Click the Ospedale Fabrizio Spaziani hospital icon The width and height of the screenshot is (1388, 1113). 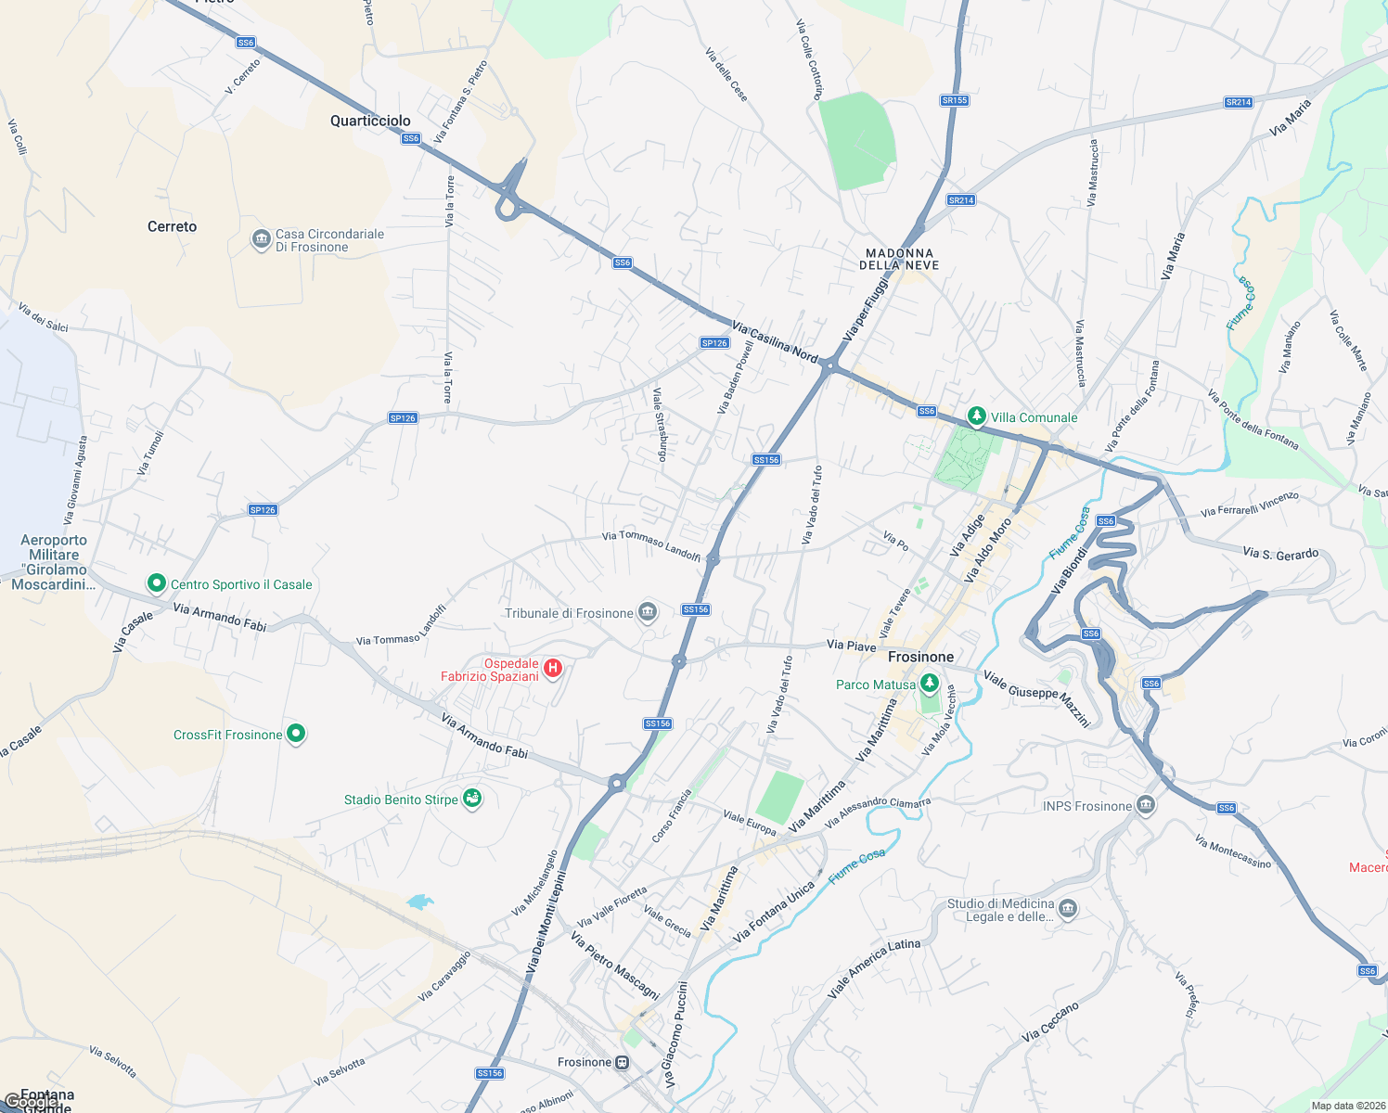click(553, 668)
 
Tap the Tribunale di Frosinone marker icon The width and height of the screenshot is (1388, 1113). click(648, 611)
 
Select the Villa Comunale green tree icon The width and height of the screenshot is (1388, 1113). click(976, 416)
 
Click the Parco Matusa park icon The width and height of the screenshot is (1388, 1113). click(929, 684)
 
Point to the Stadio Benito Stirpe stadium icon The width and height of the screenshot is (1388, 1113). click(472, 799)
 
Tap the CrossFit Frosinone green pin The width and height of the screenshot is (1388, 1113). click(296, 734)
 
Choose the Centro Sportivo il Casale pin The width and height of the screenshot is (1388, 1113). click(157, 583)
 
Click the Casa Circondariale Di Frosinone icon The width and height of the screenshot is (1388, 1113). click(261, 239)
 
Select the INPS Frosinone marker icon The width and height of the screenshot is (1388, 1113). click(1146, 805)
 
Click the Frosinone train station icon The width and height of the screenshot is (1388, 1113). click(623, 1062)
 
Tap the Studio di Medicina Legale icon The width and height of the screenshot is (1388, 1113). click(1068, 908)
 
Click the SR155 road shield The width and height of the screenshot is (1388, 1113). click(954, 100)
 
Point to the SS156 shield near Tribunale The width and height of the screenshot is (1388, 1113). click(696, 609)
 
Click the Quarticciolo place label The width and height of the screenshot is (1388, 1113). click(370, 121)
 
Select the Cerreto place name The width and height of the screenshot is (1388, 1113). click(173, 226)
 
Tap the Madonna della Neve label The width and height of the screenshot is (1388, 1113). click(899, 259)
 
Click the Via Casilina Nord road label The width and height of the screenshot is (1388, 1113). click(775, 342)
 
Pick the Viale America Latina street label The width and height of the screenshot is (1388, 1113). click(874, 967)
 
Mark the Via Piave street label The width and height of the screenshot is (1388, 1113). click(851, 645)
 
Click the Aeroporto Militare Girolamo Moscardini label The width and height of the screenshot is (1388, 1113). click(54, 562)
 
